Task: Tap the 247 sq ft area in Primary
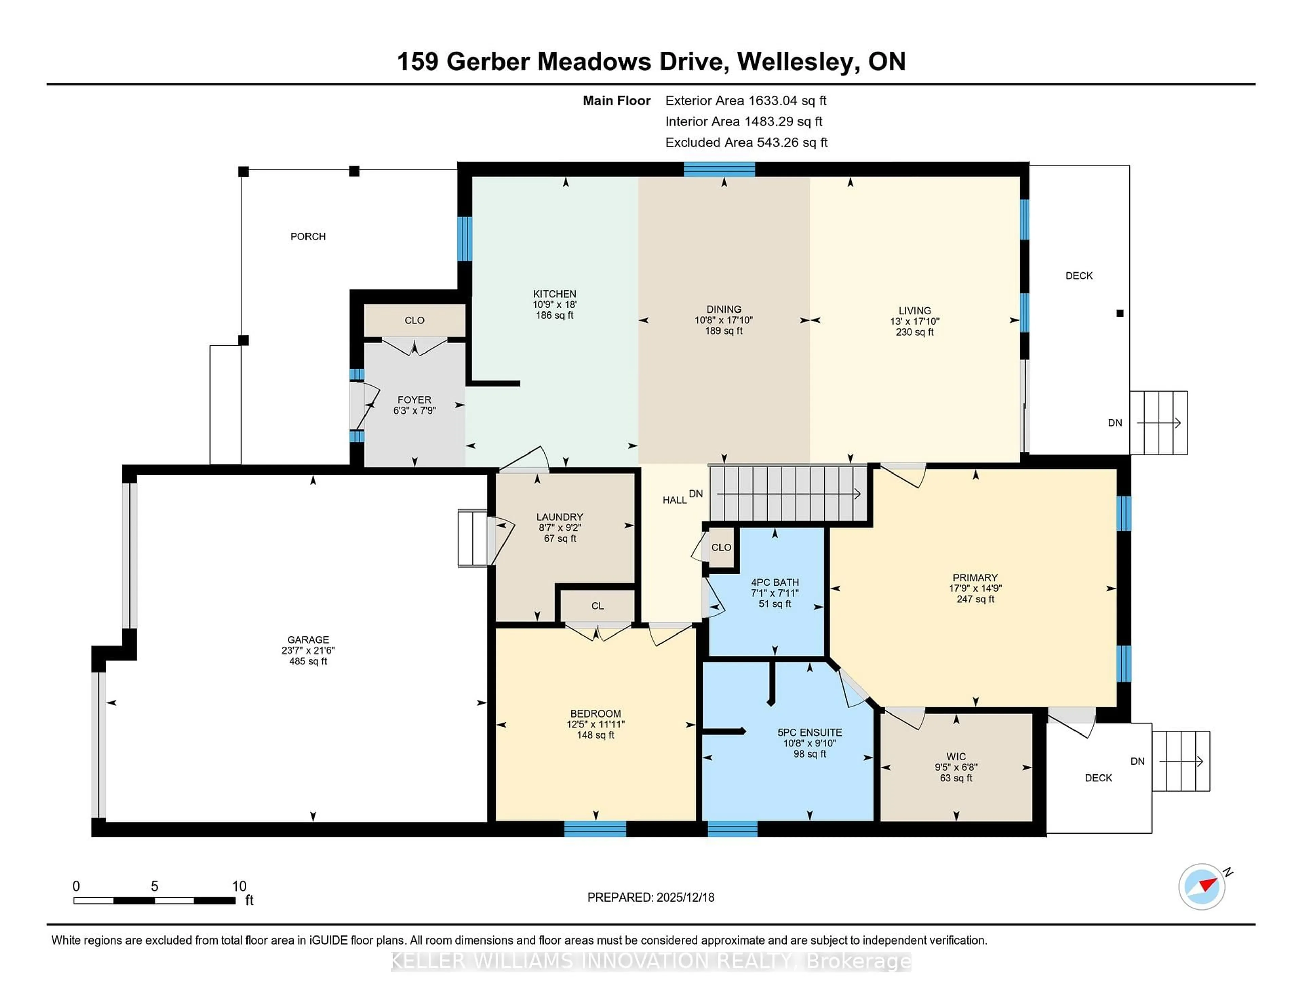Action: click(975, 599)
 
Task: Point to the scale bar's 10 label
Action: click(239, 886)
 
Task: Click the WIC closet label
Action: click(955, 756)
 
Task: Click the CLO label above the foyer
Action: click(414, 321)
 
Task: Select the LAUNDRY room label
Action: click(559, 517)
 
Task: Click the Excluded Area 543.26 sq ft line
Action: click(746, 142)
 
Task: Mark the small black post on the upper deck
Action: click(1120, 313)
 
